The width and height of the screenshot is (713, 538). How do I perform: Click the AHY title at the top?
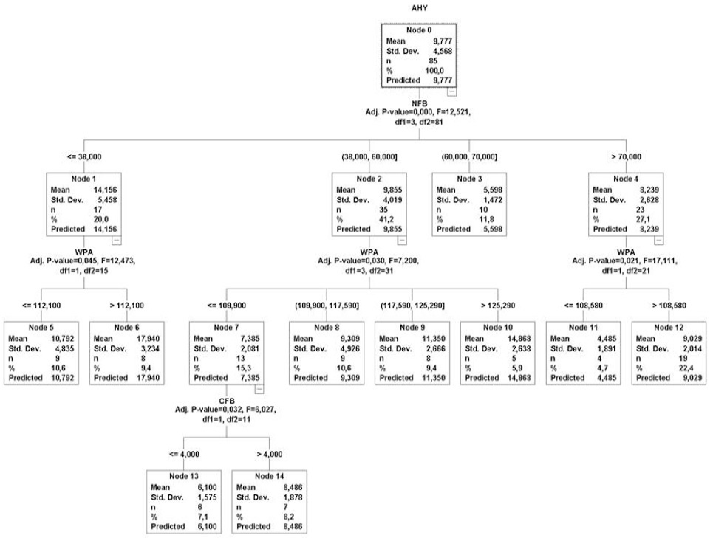click(419, 8)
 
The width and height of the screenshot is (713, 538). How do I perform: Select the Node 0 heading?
click(419, 30)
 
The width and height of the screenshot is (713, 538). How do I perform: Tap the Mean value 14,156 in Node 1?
click(105, 190)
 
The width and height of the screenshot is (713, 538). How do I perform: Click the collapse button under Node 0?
click(451, 92)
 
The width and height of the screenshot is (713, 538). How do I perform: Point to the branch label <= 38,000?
click(84, 156)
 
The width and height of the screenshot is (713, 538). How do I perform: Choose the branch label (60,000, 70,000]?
click(469, 156)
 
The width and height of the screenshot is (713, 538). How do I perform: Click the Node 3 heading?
click(469, 179)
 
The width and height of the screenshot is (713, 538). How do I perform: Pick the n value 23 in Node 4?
click(641, 210)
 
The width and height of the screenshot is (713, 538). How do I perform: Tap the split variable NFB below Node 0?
click(419, 103)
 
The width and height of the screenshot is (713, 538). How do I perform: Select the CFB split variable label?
click(226, 401)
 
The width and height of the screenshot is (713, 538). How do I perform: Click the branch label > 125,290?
click(498, 306)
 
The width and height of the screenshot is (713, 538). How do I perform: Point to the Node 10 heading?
click(498, 328)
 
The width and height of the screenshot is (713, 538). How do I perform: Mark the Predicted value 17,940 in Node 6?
click(149, 378)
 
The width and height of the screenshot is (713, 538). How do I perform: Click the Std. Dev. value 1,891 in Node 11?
click(607, 348)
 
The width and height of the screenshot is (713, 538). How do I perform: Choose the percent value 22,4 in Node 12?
click(686, 368)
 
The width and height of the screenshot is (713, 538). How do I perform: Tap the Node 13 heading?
click(184, 476)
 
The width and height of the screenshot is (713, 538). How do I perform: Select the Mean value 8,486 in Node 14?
click(293, 487)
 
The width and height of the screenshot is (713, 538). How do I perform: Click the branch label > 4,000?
click(269, 454)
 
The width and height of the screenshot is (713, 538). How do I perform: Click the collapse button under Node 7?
click(259, 389)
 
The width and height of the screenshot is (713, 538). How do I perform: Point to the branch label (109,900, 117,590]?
click(327, 306)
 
